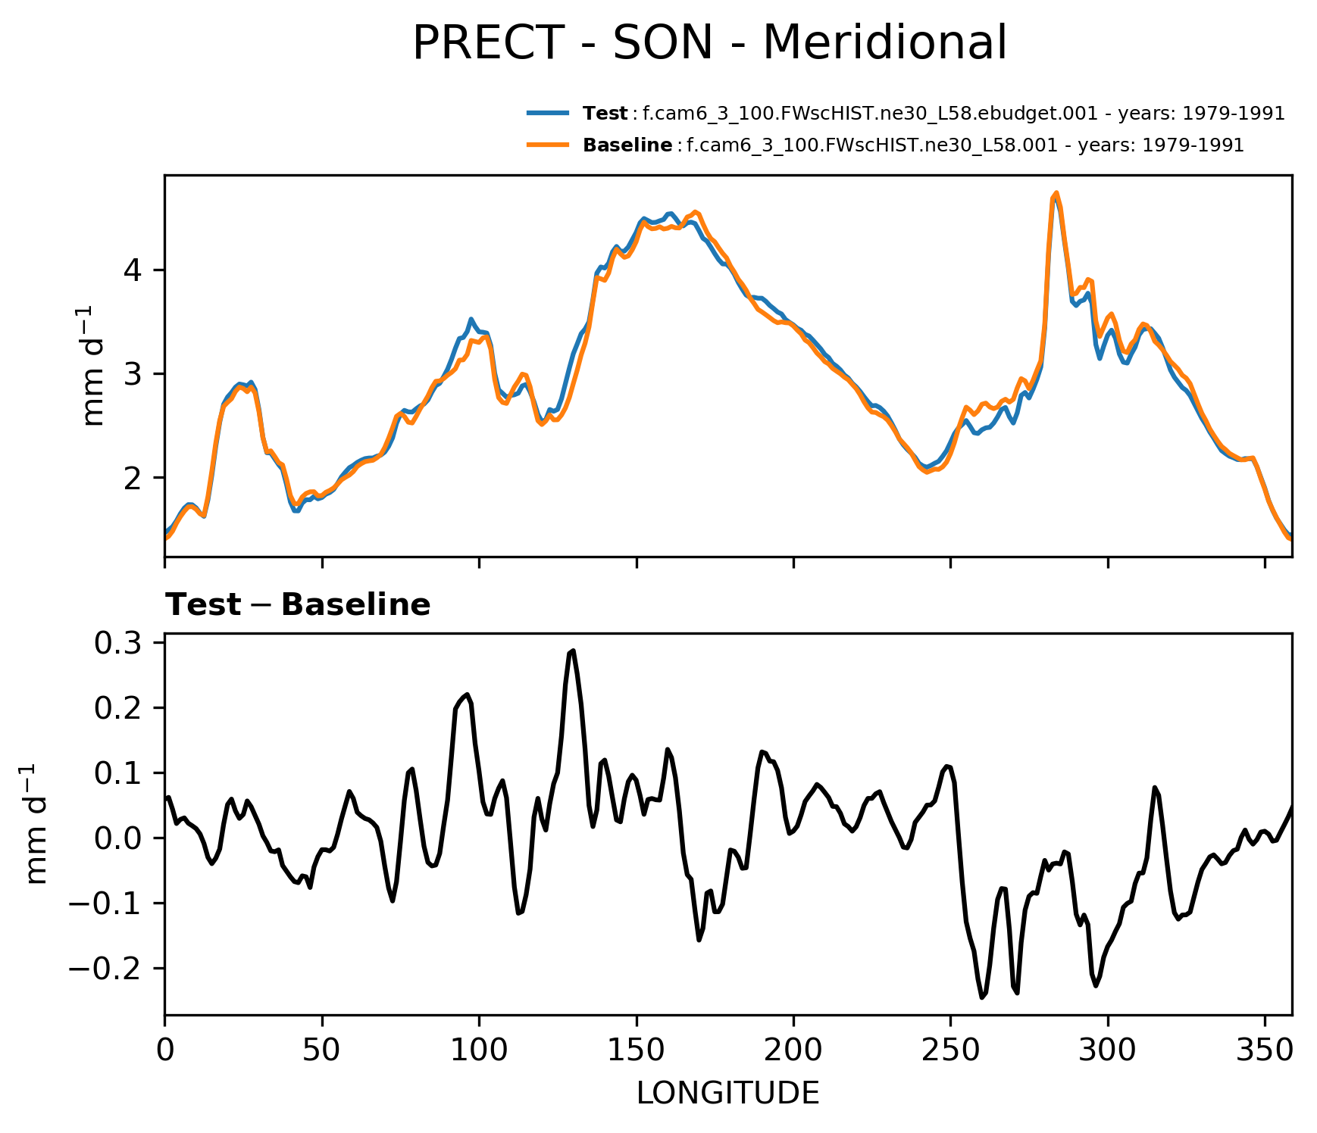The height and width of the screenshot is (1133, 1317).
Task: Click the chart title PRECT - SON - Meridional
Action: [x=709, y=43]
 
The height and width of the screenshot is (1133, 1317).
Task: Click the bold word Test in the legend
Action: [x=605, y=114]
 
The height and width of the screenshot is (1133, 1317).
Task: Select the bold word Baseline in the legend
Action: [x=627, y=145]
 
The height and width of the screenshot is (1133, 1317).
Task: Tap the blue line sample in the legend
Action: [x=548, y=113]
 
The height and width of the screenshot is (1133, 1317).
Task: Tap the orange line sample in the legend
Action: [x=548, y=144]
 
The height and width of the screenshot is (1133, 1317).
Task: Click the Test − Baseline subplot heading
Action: [x=298, y=605]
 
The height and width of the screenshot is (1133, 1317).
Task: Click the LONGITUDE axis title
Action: [x=728, y=1093]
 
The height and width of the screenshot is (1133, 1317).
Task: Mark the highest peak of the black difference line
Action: [x=573, y=651]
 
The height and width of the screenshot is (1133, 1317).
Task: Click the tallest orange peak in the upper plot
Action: [x=1056, y=193]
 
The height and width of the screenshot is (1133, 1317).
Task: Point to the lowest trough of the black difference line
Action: [x=982, y=997]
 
